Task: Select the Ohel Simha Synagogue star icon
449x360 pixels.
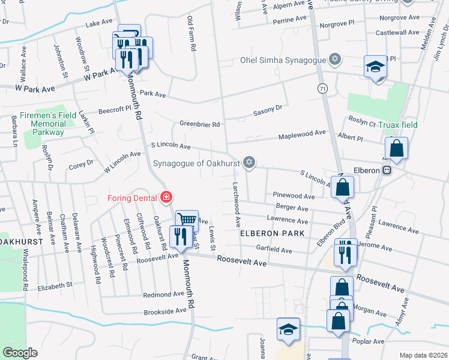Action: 334,60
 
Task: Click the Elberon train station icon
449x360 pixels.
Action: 388,170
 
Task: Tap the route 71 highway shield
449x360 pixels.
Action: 324,88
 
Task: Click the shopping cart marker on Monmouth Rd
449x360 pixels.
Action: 187,220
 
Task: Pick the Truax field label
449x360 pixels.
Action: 402,125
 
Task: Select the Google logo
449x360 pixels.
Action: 20,353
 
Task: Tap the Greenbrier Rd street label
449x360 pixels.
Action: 200,124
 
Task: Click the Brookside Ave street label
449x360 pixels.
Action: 165,312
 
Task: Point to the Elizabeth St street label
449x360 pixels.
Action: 55,286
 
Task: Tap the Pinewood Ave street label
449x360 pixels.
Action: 294,196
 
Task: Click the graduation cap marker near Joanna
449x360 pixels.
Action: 288,329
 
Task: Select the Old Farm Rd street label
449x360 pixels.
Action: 192,35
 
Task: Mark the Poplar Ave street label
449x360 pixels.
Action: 369,341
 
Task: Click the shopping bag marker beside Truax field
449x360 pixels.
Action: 396,149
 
